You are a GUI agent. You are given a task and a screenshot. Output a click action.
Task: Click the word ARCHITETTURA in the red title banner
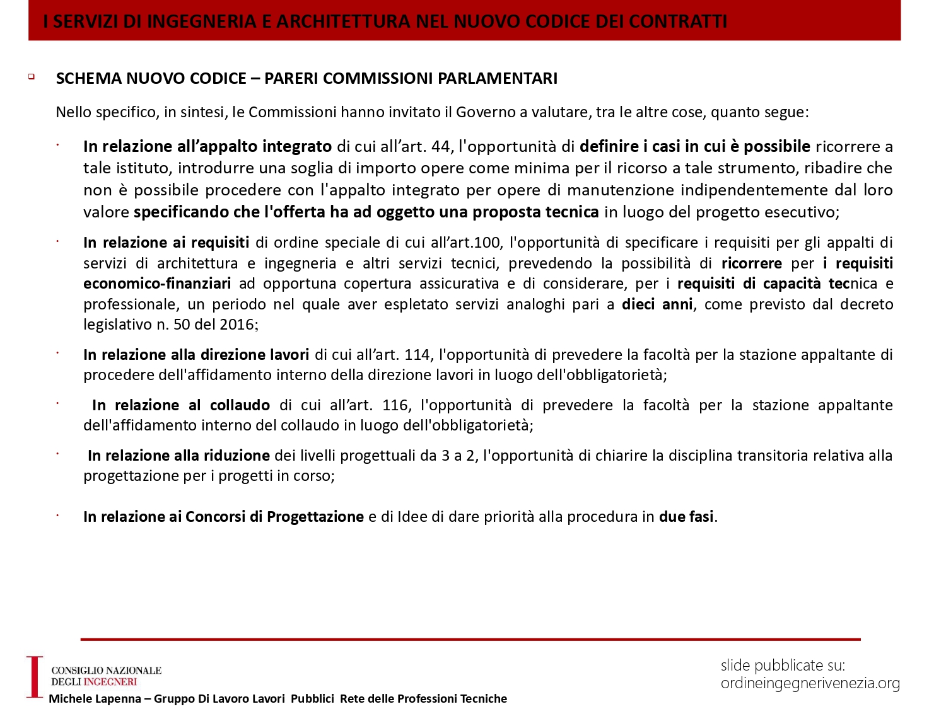pos(344,21)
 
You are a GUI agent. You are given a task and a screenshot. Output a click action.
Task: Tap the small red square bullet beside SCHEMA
pos(31,77)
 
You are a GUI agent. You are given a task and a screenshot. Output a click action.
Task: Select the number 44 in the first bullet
pos(441,146)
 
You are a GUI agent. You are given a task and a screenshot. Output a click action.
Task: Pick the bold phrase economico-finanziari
pos(157,284)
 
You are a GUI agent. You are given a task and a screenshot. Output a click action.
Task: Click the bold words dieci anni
pos(657,304)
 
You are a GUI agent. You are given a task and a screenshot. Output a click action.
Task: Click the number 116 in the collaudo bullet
pos(395,405)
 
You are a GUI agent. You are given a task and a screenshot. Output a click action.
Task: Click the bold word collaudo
pos(240,405)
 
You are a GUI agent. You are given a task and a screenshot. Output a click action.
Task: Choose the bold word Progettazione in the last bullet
pos(315,517)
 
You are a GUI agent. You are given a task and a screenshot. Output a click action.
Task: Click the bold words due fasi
pos(686,517)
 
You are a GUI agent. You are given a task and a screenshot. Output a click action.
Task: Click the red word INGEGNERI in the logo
pos(110,682)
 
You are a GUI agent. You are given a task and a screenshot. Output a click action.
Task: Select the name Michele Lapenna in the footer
pos(95,698)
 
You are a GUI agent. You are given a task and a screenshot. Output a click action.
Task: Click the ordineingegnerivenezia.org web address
pos(810,683)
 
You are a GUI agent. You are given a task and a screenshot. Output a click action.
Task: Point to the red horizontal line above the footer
pos(470,639)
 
